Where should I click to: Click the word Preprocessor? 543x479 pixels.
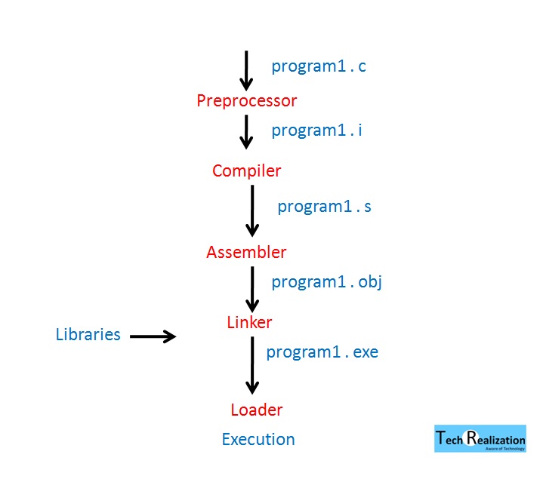point(246,100)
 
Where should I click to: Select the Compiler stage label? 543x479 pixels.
point(246,170)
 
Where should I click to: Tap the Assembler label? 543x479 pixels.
point(246,252)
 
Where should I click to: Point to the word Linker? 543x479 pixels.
point(249,322)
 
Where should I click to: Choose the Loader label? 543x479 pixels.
point(256,410)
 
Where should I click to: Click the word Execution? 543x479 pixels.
point(258,439)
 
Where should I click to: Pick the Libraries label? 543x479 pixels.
point(88,334)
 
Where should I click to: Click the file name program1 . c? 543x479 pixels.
point(318,66)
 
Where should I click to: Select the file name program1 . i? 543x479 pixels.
point(316,130)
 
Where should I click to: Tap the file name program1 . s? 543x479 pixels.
point(324,206)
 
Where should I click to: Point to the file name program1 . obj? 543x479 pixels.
point(327,282)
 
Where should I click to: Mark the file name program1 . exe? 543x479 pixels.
point(322,352)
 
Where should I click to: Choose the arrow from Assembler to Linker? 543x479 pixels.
point(252,288)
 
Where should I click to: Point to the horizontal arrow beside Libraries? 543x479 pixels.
point(153,336)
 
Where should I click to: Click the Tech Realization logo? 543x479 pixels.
point(480,439)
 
